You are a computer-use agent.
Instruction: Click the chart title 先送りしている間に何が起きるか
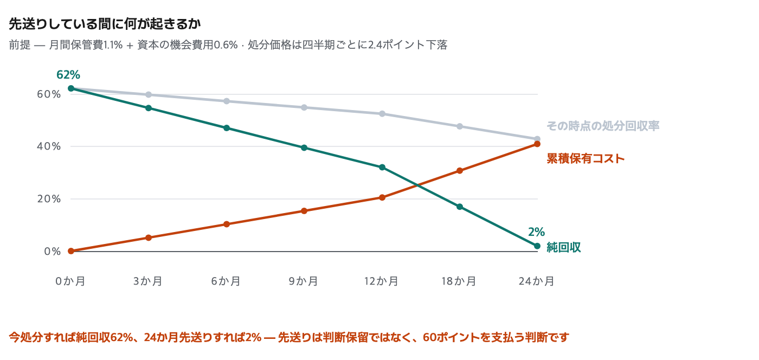tap(105, 24)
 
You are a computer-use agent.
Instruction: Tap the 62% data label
tap(68, 75)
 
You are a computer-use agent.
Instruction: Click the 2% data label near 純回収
tap(536, 232)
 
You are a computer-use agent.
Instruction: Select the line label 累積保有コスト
tap(586, 158)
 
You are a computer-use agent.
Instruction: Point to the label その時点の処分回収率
tap(603, 126)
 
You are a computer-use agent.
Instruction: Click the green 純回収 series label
tap(564, 247)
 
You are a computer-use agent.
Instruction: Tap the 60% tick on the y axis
tap(49, 94)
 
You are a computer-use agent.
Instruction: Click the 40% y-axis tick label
tap(49, 146)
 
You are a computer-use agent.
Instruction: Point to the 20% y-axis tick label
tap(49, 199)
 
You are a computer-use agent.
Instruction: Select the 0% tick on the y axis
tap(53, 252)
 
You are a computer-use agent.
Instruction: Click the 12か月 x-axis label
tap(382, 281)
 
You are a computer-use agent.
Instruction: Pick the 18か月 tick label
tap(459, 281)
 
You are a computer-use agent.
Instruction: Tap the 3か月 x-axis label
tap(148, 281)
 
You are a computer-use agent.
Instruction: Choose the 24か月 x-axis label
tap(537, 281)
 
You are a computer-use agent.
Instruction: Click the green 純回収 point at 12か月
tap(382, 167)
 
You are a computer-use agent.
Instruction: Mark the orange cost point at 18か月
tap(460, 170)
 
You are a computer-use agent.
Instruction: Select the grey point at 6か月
tap(227, 101)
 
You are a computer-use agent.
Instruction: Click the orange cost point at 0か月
tap(71, 251)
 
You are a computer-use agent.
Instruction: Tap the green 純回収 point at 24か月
tap(537, 246)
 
